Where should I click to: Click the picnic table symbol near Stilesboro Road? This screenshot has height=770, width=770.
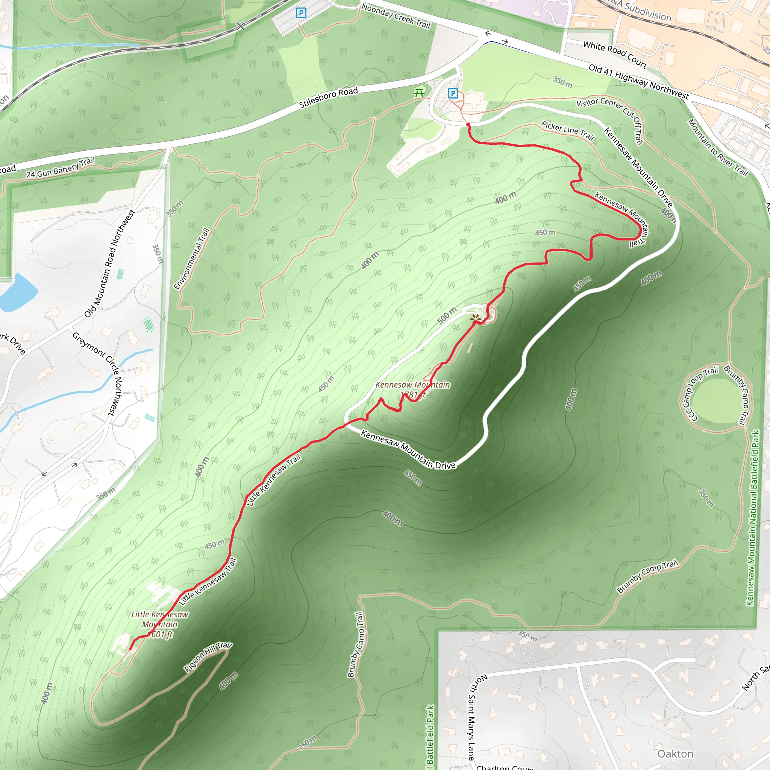pos(419,93)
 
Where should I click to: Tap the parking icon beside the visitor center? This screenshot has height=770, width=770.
pos(453,94)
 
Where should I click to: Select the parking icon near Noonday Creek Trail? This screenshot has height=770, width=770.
pos(301,13)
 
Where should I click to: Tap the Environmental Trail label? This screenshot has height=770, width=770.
pos(192,259)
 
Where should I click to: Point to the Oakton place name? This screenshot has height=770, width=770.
pos(675,754)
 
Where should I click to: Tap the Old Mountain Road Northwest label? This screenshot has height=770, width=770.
pos(110,264)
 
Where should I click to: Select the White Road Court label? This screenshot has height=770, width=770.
pos(615,54)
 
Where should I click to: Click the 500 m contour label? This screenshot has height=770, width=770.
pos(447,316)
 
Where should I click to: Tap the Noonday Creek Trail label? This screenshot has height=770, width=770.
pos(396,16)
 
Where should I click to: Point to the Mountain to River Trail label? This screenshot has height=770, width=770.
pos(718,147)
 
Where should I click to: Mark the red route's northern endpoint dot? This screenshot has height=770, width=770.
pos(468,125)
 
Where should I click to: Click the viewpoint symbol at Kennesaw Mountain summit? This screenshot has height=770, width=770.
pos(475,318)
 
